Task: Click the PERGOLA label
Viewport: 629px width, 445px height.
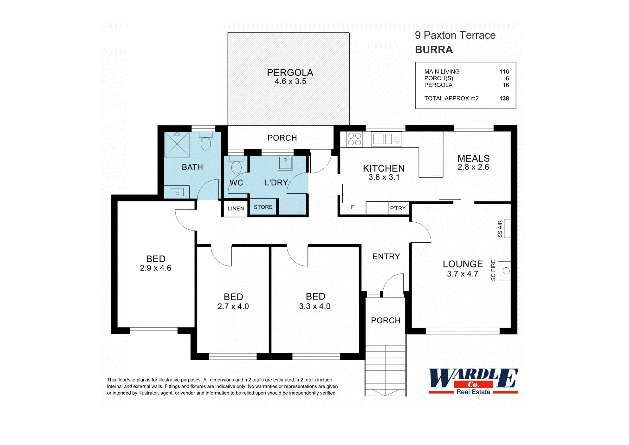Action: click(290, 73)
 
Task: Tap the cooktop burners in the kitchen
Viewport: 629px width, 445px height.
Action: click(354, 139)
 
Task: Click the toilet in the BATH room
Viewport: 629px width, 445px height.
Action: click(205, 142)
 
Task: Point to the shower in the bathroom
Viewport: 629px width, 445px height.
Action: click(177, 144)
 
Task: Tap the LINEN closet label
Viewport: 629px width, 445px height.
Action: click(236, 208)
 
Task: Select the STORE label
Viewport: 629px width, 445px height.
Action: click(263, 207)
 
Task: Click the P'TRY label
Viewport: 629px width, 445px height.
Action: click(398, 208)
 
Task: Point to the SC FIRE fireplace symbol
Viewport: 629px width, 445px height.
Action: click(504, 271)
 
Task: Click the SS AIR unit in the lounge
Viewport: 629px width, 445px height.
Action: click(507, 228)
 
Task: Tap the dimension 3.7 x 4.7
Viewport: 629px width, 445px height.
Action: click(462, 274)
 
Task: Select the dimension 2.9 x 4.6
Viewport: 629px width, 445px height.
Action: click(155, 268)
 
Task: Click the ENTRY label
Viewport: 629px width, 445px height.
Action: click(386, 256)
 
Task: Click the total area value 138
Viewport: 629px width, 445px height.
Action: click(504, 98)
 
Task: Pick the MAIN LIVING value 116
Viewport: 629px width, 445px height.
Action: click(504, 72)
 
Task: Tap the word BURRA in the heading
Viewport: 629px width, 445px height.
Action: click(434, 50)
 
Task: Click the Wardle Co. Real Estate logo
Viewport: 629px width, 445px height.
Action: click(473, 381)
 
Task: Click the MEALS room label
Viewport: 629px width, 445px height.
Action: click(473, 158)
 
